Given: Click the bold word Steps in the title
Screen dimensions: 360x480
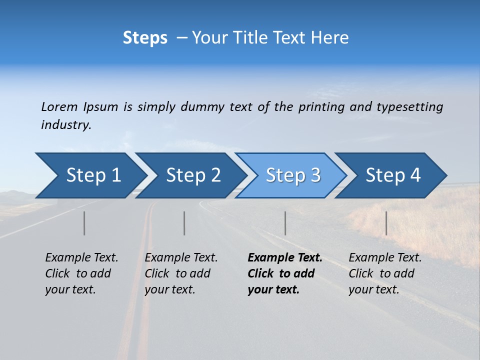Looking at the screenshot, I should (145, 37).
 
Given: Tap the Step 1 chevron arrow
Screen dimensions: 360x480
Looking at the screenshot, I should (90, 175).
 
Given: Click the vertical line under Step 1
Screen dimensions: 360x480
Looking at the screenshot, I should (84, 223).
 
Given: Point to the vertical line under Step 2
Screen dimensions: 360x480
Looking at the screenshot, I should (184, 223).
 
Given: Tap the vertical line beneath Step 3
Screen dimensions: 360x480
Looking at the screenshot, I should (285, 223).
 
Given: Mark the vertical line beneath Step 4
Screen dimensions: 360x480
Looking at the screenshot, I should (386, 223).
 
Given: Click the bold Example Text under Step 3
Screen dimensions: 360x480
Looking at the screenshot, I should (284, 258).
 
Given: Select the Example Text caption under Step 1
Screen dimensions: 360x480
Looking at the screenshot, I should (81, 258).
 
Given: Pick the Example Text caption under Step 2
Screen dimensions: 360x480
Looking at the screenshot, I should (181, 258).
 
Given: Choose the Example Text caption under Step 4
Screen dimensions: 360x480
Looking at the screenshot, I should (385, 258).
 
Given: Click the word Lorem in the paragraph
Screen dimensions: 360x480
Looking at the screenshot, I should (59, 106).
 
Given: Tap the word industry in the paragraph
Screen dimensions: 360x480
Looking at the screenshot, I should (66, 125).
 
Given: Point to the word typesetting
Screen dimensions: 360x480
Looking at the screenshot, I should (409, 107).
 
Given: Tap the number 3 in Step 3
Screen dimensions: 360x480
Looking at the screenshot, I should (315, 175).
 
